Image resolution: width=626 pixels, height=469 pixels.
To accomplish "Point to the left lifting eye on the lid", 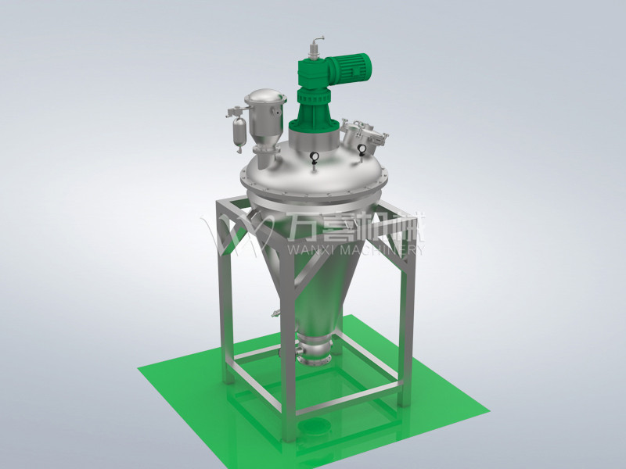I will (x=313, y=158).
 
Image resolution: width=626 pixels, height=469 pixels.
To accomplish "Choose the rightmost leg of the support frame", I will (x=405, y=328).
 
